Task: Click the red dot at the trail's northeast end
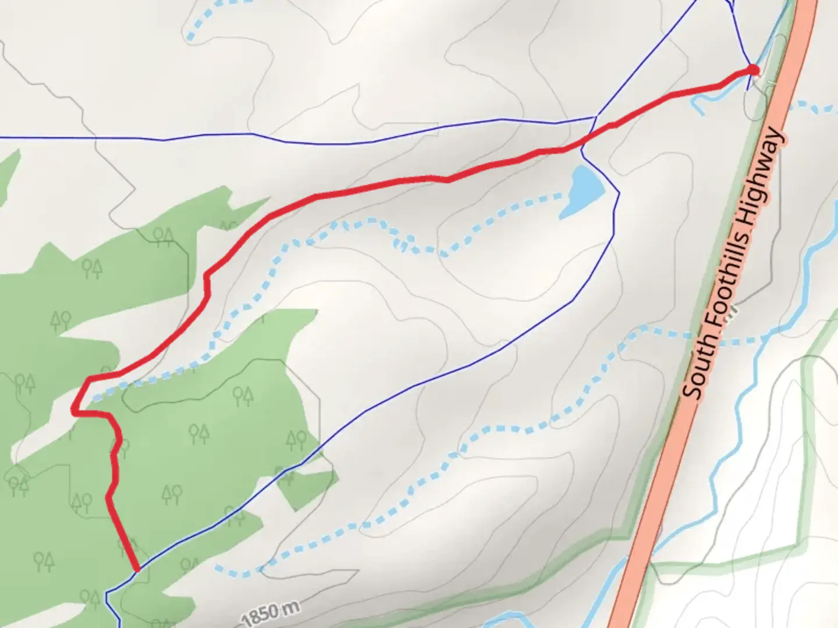pos(753,70)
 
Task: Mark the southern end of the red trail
pos(136,570)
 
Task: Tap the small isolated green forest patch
pos(306,486)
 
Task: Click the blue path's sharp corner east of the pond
pos(619,194)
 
